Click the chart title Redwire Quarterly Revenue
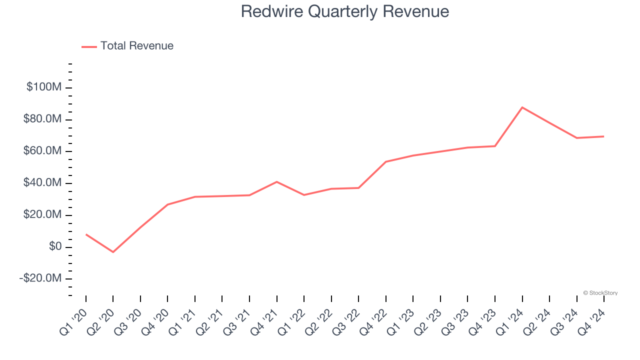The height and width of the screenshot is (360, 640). point(344,11)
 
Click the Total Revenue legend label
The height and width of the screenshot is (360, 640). point(136,46)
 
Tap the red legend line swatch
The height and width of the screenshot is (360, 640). point(89,46)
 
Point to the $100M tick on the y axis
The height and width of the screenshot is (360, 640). point(44,87)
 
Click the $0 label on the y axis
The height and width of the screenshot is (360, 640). point(55,246)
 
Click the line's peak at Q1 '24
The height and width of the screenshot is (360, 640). point(522,107)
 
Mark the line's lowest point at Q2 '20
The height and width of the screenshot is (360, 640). point(113,252)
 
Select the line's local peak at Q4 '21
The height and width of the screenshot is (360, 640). point(276,181)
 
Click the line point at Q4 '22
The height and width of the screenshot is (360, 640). point(386,161)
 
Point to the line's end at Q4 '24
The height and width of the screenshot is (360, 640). point(604,136)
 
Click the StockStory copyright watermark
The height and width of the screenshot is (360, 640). point(600,293)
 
